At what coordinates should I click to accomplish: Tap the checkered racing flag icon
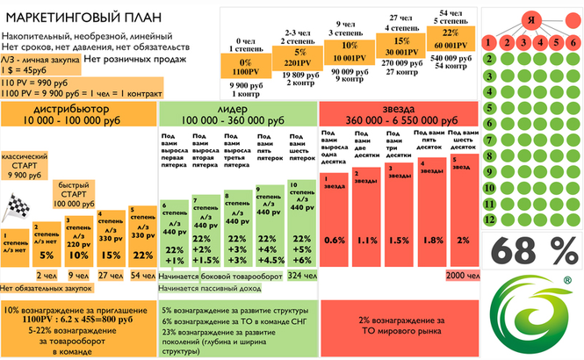point(15,209)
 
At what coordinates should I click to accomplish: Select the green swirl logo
point(532,311)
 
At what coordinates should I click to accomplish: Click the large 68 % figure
point(531,251)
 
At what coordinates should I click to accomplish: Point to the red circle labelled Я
point(531,19)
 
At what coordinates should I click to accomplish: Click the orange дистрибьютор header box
point(78,113)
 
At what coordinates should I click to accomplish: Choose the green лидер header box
point(237,113)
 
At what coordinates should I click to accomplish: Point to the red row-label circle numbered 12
point(487,216)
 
